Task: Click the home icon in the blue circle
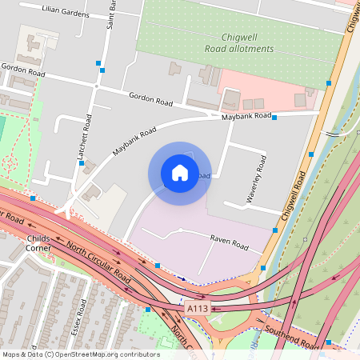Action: tap(179, 173)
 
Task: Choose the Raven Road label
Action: tap(230, 239)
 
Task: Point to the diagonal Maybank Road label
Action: tap(134, 142)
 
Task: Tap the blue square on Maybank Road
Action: tap(274, 118)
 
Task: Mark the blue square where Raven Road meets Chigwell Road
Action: tap(275, 230)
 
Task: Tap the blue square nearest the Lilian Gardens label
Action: tap(99, 62)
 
